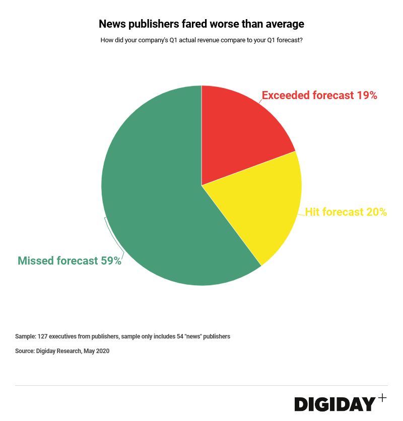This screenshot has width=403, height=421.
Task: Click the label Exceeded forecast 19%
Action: point(319,95)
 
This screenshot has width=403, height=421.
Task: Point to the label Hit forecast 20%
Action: point(346,212)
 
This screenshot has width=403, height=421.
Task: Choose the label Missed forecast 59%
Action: point(70,261)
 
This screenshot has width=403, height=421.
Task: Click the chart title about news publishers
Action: point(201,24)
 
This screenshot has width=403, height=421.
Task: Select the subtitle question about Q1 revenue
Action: point(201,40)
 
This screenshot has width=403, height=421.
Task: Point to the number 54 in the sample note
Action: point(180,336)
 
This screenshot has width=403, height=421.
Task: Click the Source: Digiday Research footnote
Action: point(62,351)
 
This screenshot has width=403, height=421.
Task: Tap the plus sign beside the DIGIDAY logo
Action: point(382,398)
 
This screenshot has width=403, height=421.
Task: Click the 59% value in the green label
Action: point(111,261)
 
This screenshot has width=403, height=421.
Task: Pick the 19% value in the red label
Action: point(367,95)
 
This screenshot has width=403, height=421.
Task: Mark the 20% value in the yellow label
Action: point(376,212)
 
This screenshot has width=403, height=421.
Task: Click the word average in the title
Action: point(286,24)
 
